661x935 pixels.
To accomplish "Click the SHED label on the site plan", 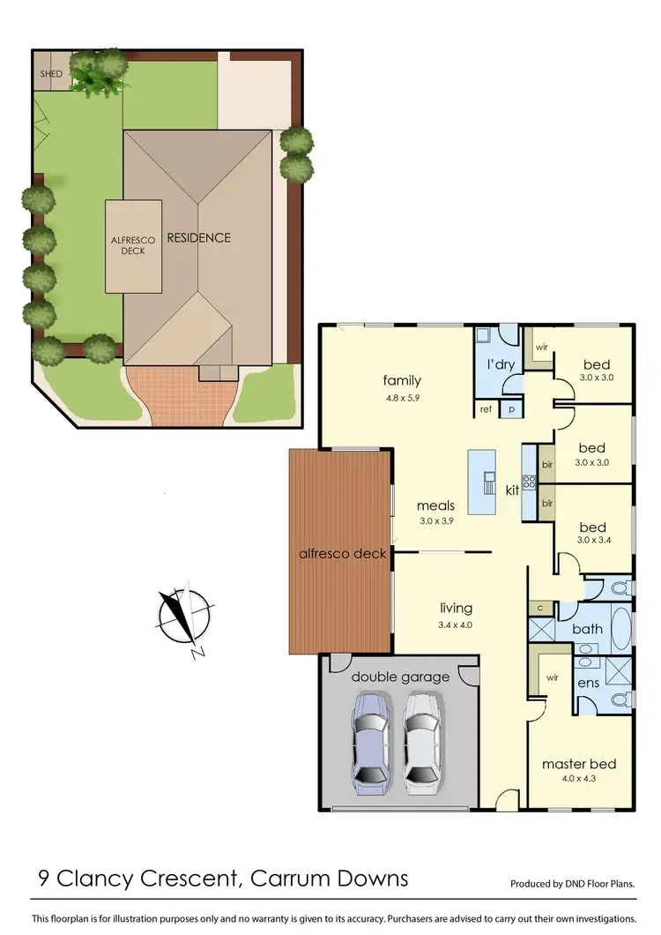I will pos(51,74).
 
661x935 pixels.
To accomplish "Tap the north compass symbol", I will pos(184,615).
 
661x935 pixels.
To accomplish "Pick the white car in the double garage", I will pos(421,738).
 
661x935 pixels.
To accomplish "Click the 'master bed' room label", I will pos(579,764).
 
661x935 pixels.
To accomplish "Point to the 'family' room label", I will pos(402,381).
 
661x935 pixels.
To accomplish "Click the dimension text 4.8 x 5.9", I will pos(402,397).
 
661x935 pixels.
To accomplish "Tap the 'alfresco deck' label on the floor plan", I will pos(341,554).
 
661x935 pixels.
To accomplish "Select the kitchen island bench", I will pos(481,482).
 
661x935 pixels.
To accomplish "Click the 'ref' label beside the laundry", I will pos(486,409).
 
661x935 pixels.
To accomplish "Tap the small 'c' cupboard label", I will pos(538,608).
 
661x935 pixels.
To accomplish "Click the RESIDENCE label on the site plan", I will pos(199,237).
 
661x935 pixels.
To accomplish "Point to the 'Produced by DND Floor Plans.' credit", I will pos(573,883).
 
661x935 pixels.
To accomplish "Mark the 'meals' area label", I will pos(436,505).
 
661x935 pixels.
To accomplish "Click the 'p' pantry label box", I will pos(512,410).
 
